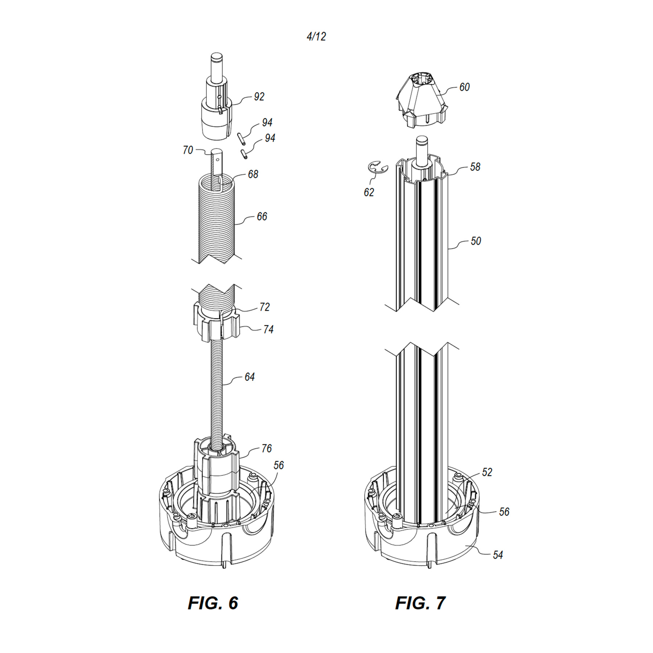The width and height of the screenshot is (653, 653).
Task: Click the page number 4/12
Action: click(x=316, y=36)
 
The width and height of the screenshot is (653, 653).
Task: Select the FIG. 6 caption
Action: click(x=213, y=603)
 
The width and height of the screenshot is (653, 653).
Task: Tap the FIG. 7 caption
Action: click(x=420, y=603)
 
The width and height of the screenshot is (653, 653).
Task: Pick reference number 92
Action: click(x=259, y=96)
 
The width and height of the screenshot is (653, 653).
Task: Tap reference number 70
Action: click(x=188, y=150)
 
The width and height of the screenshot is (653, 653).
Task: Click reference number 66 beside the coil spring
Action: click(x=262, y=217)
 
